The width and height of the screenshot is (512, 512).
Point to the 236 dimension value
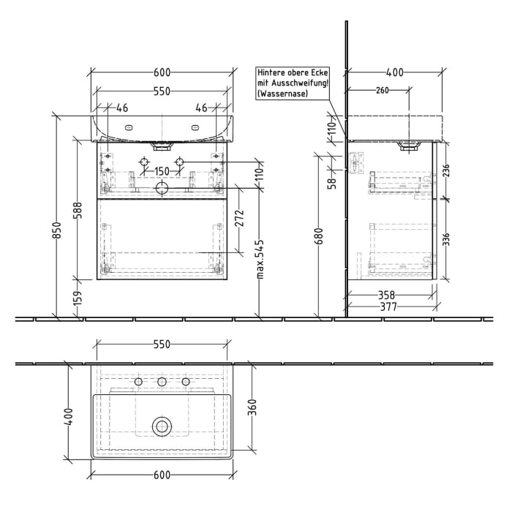445,171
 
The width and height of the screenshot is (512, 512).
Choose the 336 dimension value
445,238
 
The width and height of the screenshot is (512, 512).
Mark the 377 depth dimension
388,307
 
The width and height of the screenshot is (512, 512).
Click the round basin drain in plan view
162,426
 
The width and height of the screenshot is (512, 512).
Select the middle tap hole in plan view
162,382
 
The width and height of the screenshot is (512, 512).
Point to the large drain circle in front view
162,189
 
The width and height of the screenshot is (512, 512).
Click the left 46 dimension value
121,108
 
